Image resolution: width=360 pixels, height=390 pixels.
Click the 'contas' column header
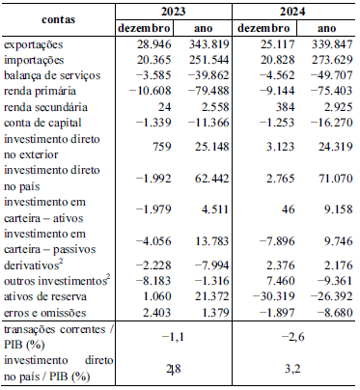(x=58, y=19)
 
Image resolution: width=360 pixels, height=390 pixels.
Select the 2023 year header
(x=173, y=12)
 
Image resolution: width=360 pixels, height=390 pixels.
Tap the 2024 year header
(x=292, y=12)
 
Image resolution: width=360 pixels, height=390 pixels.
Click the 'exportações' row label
(x=33, y=44)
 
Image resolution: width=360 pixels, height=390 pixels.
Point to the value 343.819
(x=209, y=44)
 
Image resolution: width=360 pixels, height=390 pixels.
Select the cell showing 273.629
(x=332, y=60)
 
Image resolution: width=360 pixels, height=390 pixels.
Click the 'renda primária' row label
(x=40, y=91)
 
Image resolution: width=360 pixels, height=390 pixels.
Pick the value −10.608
(x=150, y=91)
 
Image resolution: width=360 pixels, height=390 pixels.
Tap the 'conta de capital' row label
(x=42, y=123)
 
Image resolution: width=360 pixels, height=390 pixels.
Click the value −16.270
(x=332, y=123)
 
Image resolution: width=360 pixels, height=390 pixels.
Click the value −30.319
(x=274, y=296)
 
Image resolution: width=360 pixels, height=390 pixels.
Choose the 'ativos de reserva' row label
(x=45, y=296)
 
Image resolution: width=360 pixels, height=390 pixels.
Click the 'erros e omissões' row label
(x=45, y=313)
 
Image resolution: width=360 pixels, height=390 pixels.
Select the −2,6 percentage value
(x=292, y=337)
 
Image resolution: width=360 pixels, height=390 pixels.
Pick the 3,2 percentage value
(x=292, y=368)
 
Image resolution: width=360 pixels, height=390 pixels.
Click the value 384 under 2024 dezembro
(x=285, y=106)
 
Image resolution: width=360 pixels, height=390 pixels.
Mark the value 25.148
(x=212, y=147)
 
